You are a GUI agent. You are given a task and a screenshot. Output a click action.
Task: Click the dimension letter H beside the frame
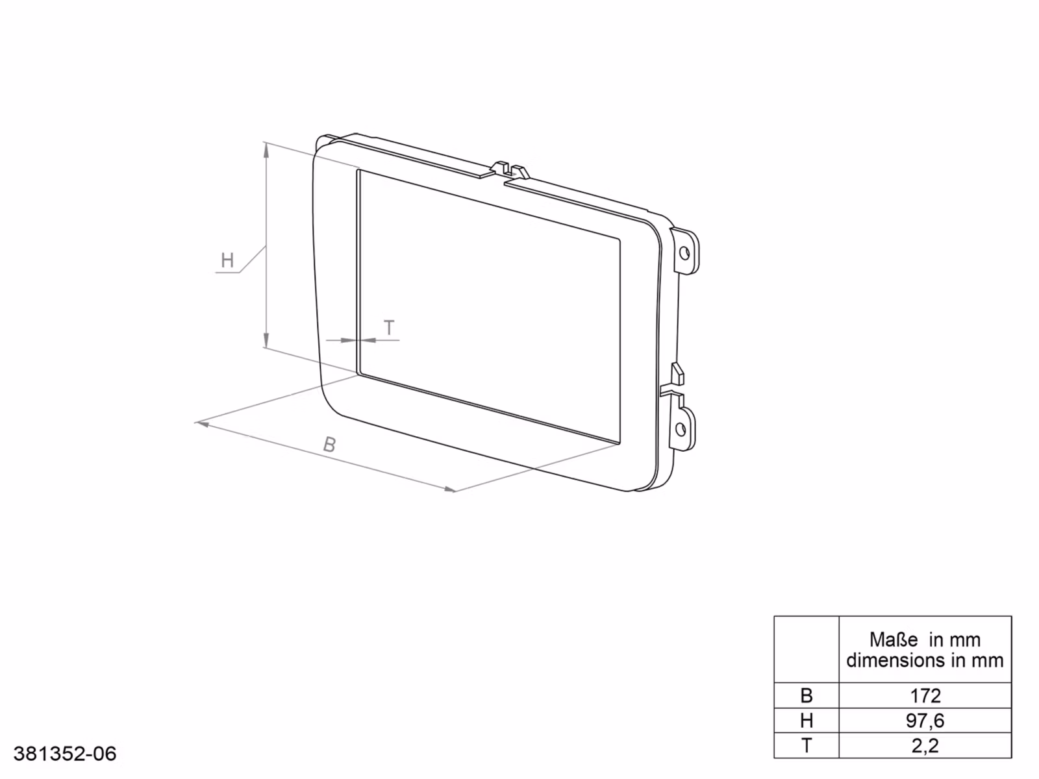(227, 260)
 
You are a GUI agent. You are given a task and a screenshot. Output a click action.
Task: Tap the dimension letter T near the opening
(389, 328)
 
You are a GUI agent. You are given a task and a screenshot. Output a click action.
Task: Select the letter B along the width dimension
(330, 445)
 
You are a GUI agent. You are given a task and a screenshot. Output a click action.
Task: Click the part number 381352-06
(65, 754)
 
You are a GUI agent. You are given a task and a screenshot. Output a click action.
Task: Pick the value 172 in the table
(925, 696)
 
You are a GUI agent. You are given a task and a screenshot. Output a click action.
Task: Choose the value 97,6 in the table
(925, 721)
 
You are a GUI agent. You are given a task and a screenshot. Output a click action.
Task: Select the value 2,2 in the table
(925, 746)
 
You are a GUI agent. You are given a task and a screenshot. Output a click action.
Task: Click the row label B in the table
(806, 696)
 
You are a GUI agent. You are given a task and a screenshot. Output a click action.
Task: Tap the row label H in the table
(806, 721)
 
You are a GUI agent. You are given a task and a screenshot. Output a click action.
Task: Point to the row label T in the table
(806, 746)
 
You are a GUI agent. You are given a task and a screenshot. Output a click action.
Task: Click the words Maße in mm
(925, 640)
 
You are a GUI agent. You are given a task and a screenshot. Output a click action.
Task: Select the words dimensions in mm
(925, 661)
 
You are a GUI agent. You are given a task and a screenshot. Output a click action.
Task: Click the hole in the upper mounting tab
(684, 253)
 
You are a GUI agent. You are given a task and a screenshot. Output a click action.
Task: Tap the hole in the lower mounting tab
(681, 429)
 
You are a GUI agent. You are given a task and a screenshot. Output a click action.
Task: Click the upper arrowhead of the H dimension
(266, 150)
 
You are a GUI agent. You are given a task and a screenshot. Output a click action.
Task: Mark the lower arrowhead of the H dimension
(266, 340)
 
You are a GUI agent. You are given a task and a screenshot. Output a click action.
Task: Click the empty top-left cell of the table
(806, 649)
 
